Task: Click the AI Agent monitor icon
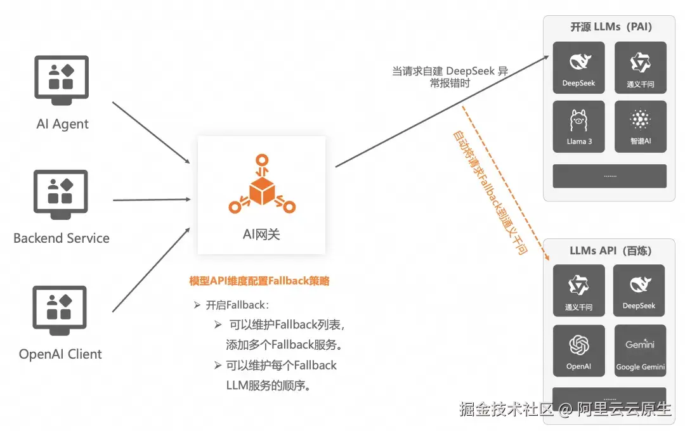(x=62, y=80)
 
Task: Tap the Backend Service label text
(x=62, y=238)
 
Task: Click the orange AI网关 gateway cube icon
(x=262, y=184)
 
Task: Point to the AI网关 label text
(x=261, y=235)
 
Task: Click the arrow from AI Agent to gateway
(x=151, y=132)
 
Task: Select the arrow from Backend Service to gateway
(x=152, y=200)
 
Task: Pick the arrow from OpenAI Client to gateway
(x=151, y=269)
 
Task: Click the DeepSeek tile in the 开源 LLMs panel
(x=578, y=68)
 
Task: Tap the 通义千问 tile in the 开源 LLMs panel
(x=641, y=68)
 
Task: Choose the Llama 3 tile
(x=578, y=127)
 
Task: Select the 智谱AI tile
(x=641, y=127)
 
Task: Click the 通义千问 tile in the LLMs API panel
(x=578, y=290)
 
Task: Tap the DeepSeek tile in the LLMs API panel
(x=639, y=290)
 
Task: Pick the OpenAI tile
(x=578, y=351)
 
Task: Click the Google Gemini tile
(x=640, y=351)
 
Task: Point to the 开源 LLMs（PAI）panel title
(x=611, y=27)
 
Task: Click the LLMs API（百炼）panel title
(x=610, y=250)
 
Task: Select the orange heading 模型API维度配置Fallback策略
(x=259, y=281)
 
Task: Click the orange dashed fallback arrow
(x=506, y=183)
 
